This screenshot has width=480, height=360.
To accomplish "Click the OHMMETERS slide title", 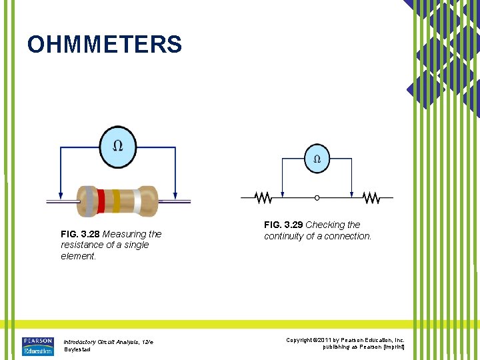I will click(x=105, y=45).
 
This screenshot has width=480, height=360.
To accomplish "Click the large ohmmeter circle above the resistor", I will click(x=117, y=145).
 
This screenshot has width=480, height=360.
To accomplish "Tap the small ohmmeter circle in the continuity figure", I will click(x=317, y=159).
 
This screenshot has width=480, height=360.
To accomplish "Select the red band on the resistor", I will click(x=101, y=201).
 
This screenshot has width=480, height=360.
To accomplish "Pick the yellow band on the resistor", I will click(x=116, y=201).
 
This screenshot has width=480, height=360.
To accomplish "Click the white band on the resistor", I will click(x=137, y=201).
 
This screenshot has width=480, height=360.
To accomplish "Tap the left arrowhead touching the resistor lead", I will click(x=61, y=195).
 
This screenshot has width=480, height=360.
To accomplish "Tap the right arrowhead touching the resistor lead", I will click(x=175, y=195).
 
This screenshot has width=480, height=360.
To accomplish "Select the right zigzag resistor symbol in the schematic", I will click(x=371, y=198).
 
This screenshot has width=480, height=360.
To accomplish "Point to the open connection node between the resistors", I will click(x=317, y=198).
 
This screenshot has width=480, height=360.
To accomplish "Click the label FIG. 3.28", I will click(x=80, y=234).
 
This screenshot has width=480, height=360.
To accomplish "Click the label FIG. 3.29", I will click(x=283, y=225).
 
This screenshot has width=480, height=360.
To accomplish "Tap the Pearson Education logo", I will click(x=37, y=346).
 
